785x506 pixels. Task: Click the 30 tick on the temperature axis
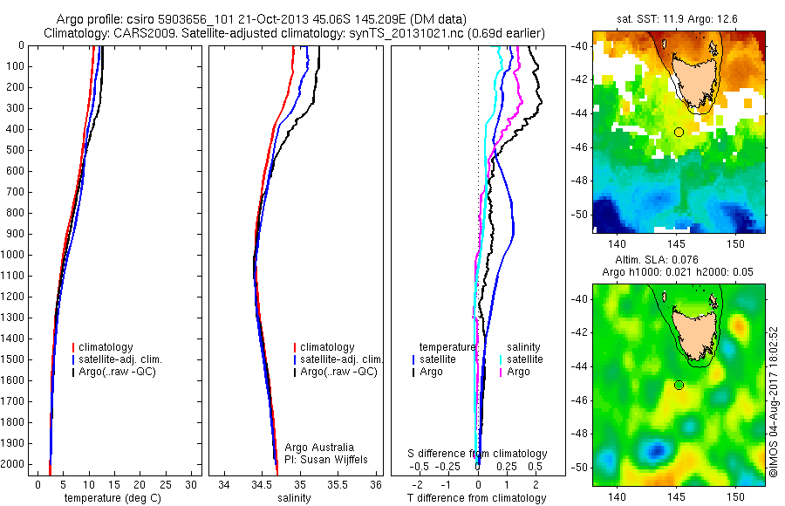click(191, 484)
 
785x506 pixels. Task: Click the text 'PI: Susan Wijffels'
click(327, 459)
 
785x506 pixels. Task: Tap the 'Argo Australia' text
click(320, 448)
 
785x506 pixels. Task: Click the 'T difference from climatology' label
click(476, 498)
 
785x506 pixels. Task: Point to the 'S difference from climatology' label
click(477, 454)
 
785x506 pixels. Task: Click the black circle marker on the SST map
click(679, 132)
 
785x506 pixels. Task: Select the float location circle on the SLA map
click(679, 385)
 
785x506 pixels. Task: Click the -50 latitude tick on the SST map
click(580, 214)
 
